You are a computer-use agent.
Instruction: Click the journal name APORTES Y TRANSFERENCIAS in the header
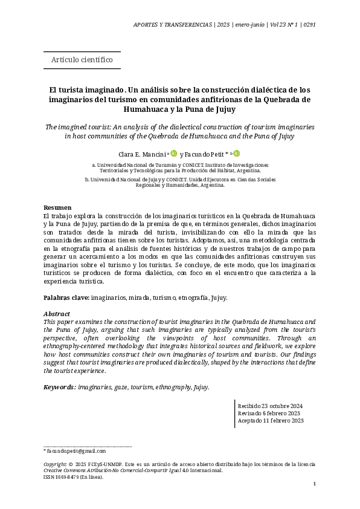(x=172, y=25)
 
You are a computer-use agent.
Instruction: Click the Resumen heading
(x=57, y=208)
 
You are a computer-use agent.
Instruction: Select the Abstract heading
(x=57, y=314)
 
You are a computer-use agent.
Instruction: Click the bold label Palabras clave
(x=66, y=298)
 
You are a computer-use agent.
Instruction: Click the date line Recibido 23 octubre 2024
(x=270, y=406)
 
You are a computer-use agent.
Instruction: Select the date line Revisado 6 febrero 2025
(x=269, y=413)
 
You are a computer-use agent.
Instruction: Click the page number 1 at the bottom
(x=314, y=485)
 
